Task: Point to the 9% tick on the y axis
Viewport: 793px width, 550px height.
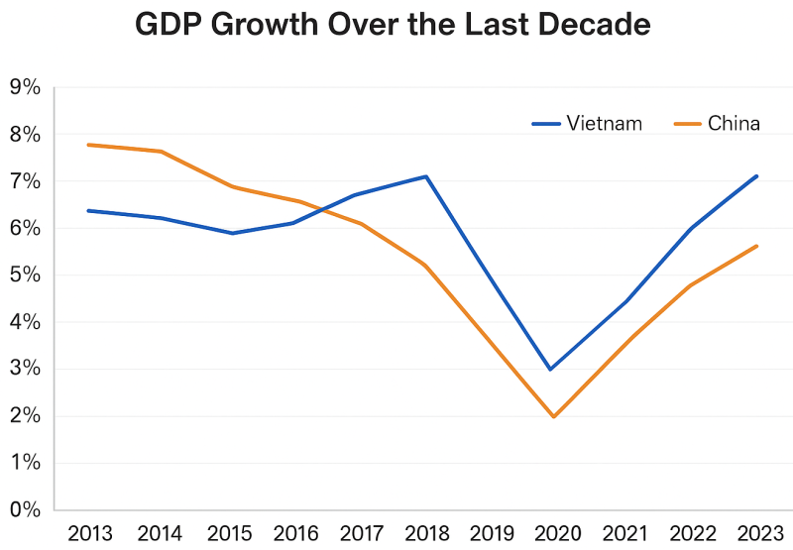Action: [24, 87]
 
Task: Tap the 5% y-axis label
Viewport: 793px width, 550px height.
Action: [24, 275]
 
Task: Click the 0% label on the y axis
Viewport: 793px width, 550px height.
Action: [24, 509]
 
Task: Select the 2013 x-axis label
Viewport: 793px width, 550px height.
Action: [90, 532]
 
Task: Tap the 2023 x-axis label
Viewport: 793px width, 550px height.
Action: [755, 532]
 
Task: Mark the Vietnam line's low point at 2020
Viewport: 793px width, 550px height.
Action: [550, 369]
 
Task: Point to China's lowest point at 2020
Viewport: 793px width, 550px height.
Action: [552, 416]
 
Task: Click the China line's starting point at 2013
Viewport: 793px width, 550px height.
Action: [88, 145]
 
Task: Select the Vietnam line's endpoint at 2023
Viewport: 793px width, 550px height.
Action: [757, 176]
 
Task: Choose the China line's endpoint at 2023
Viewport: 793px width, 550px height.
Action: [757, 246]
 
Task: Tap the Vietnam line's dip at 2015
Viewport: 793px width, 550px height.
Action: [232, 233]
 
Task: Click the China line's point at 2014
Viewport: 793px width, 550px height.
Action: [161, 152]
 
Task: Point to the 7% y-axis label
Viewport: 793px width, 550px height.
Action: [24, 181]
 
